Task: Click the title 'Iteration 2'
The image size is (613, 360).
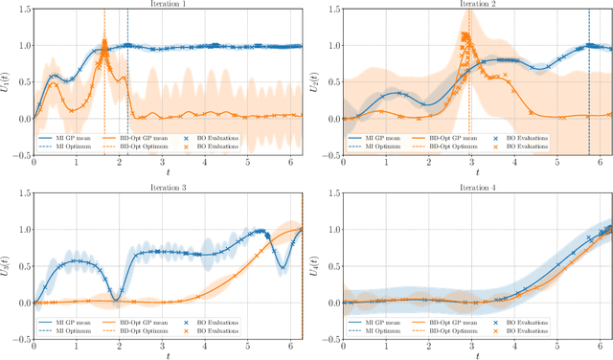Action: pyautogui.click(x=476, y=5)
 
